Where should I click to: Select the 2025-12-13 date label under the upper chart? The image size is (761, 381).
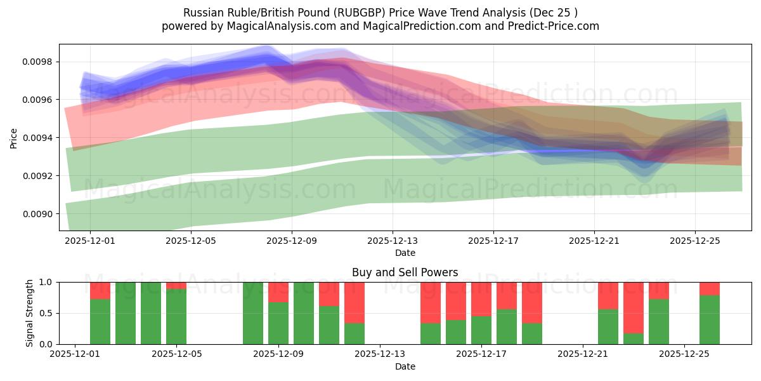click(393, 241)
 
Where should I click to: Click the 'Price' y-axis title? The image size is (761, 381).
click(14, 137)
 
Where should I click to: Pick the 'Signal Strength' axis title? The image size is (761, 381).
click(30, 313)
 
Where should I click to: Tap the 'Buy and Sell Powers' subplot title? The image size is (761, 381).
click(405, 273)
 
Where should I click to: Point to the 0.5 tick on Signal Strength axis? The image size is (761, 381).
click(46, 313)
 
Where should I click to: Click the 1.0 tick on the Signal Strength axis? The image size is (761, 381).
click(46, 282)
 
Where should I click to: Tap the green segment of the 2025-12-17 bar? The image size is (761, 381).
click(481, 330)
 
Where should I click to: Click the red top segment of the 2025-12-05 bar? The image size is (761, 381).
click(176, 286)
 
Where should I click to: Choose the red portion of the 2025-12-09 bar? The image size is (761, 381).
click(278, 292)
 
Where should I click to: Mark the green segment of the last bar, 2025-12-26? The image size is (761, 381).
click(710, 320)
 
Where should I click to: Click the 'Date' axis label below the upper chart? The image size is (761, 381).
click(405, 253)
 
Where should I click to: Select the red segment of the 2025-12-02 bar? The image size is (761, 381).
click(100, 290)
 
